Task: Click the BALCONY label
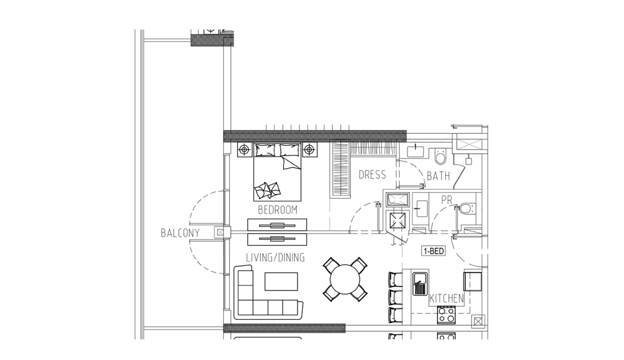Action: click(180, 233)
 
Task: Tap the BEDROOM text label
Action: click(278, 209)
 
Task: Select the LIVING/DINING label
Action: click(275, 258)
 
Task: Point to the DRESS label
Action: click(372, 175)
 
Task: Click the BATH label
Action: click(438, 176)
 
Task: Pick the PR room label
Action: click(447, 200)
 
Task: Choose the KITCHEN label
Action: click(447, 298)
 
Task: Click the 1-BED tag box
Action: click(434, 251)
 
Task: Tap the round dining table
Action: click(345, 280)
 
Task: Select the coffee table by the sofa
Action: click(281, 281)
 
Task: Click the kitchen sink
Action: click(420, 284)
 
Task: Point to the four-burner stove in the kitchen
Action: click(446, 315)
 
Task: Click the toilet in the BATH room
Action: click(441, 157)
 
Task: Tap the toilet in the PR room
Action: click(466, 208)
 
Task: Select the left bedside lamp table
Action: click(244, 149)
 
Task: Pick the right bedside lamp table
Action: click(310, 149)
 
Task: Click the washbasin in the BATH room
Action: click(416, 151)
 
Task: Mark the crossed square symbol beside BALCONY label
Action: click(220, 232)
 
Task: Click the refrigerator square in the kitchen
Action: click(472, 281)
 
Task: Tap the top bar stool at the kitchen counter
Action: click(395, 279)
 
